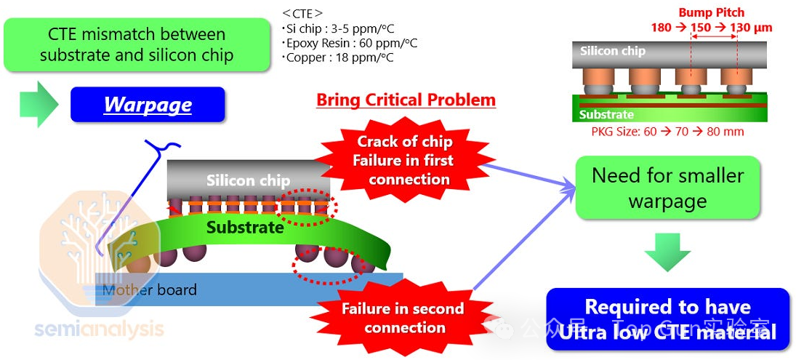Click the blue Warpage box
(148, 105)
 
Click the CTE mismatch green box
(136, 44)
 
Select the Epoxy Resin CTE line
(350, 44)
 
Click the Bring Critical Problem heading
(406, 100)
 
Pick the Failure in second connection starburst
(403, 317)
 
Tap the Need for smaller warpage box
(667, 187)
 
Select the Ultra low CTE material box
(667, 319)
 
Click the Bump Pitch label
(711, 12)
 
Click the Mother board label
(150, 290)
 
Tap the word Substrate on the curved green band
(244, 227)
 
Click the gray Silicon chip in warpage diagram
(248, 179)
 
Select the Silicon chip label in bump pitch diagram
(613, 51)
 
